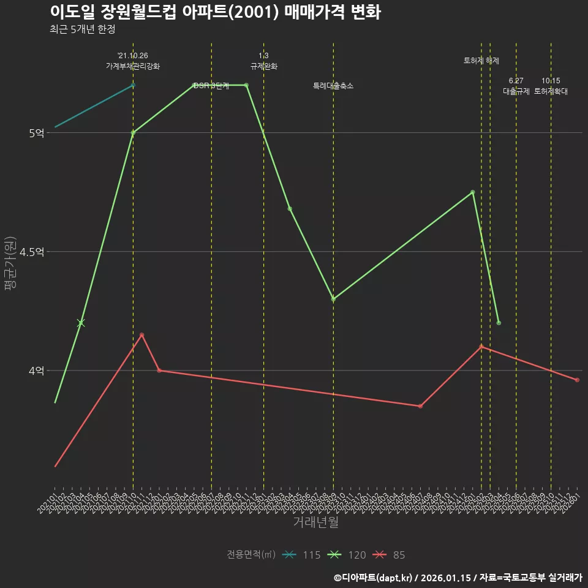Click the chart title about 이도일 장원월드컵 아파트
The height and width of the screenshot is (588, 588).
[x=215, y=12]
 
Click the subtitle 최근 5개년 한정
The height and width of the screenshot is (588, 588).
[x=82, y=29]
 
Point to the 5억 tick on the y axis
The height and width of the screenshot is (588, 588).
[x=36, y=133]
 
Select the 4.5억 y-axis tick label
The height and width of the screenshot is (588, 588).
[x=32, y=252]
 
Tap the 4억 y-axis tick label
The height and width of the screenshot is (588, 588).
[x=36, y=371]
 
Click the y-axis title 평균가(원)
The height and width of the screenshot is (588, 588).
[x=10, y=263]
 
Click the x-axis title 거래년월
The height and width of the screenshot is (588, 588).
[x=315, y=522]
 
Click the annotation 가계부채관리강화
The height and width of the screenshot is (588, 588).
[x=133, y=66]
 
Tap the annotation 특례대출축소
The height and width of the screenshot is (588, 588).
[x=333, y=86]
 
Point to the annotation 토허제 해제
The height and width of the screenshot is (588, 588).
[x=481, y=61]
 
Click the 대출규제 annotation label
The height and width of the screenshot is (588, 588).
[x=516, y=91]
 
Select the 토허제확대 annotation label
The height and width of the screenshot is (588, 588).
[x=551, y=91]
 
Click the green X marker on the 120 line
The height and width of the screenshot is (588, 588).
[x=81, y=323]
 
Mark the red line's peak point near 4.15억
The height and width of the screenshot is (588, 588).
[x=141, y=335]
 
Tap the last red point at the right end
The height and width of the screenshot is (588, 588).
[x=577, y=380]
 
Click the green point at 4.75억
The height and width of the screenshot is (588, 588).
[x=472, y=192]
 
